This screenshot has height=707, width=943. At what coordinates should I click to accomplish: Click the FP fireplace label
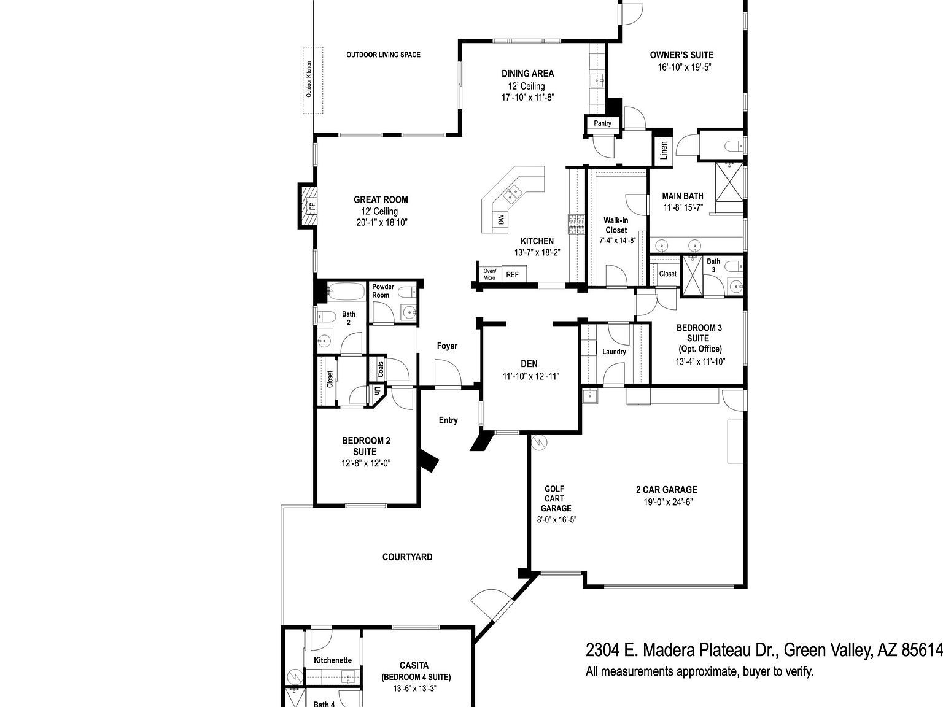coord(311,206)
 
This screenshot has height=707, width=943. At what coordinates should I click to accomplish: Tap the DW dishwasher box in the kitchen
coord(501,219)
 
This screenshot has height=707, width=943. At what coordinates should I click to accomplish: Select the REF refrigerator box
coord(512,275)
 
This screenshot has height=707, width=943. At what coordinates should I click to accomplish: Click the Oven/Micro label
coord(489,274)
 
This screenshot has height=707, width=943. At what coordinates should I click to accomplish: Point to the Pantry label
coord(602,123)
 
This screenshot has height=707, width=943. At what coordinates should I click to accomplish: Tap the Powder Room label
coord(382,291)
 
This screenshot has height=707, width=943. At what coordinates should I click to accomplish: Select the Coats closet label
coord(381,369)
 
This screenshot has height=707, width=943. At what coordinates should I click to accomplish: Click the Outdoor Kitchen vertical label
coord(309,79)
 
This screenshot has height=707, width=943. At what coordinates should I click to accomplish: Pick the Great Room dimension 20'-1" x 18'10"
coord(381,222)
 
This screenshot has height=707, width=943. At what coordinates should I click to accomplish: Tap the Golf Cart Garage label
coord(556,498)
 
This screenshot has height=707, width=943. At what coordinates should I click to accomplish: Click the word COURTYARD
coord(407,557)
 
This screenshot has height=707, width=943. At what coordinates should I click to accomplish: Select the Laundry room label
coord(614,352)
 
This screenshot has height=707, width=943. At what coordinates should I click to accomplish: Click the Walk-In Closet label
coord(616,225)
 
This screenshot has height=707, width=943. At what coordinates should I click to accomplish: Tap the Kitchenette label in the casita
coord(333,660)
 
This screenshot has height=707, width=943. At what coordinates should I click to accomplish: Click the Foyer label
coord(447,346)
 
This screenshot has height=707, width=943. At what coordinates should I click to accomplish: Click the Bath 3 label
coord(713,265)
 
